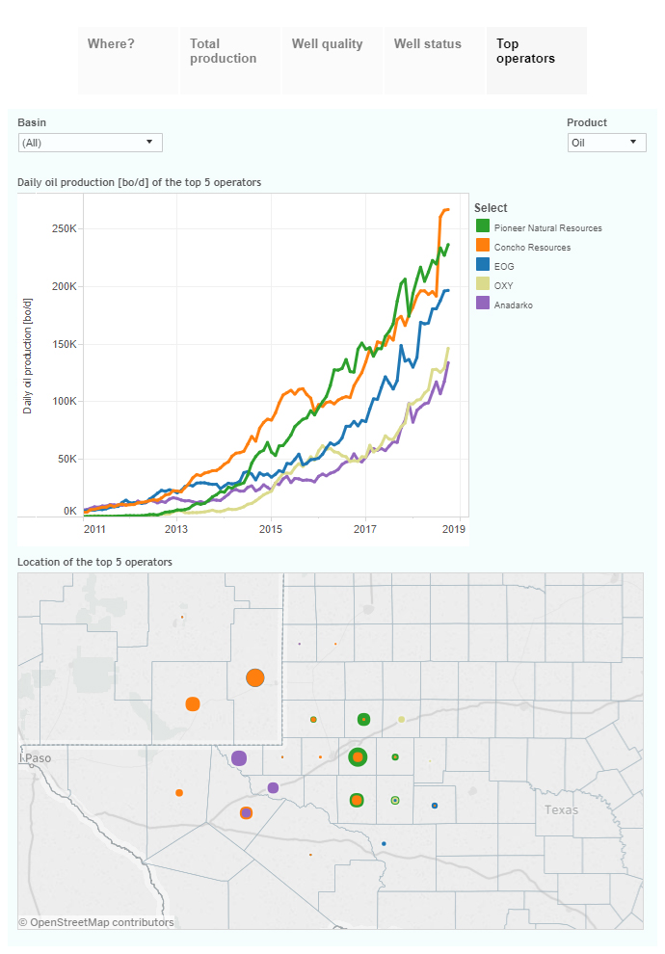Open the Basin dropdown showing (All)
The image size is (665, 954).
[91, 143]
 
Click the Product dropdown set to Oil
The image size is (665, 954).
[606, 143]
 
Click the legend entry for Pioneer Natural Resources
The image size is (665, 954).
[547, 228]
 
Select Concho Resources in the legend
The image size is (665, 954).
[532, 248]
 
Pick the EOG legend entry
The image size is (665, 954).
[504, 267]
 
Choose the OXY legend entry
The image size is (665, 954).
[504, 285]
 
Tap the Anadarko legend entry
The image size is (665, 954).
[514, 305]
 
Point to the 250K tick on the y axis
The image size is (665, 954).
[64, 229]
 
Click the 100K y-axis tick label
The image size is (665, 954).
[64, 402]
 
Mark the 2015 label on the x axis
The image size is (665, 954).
[270, 529]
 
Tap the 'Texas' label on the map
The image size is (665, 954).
[561, 809]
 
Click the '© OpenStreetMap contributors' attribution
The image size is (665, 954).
[96, 922]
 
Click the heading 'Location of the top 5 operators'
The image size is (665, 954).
[94, 561]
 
